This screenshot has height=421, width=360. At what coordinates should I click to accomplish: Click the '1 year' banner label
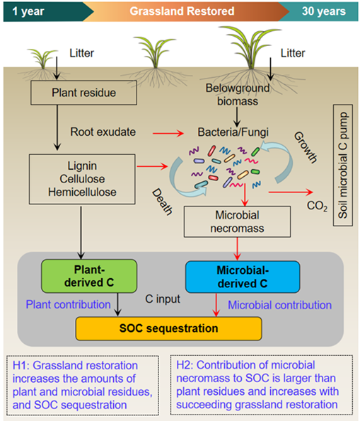[28, 11]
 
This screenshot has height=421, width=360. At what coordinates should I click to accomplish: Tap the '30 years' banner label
[324, 11]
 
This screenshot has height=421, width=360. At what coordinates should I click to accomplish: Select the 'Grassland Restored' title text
[182, 11]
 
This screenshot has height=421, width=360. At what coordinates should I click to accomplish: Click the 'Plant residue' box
[83, 93]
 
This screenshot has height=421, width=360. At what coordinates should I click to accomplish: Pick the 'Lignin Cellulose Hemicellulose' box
[82, 179]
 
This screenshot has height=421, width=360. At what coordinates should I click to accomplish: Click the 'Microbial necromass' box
[237, 221]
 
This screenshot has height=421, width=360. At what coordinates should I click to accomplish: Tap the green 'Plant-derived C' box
[89, 276]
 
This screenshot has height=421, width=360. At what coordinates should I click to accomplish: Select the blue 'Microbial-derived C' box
[243, 277]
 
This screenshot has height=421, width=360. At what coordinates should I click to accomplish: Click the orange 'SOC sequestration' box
[168, 328]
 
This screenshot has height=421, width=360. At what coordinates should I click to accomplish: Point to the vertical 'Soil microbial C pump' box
[343, 166]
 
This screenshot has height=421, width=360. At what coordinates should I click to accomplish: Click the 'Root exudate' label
[103, 132]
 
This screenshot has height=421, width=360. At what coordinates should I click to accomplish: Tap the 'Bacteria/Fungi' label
[233, 132]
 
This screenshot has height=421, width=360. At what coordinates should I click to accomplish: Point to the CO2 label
[317, 206]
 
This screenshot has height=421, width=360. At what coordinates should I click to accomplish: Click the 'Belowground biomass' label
[238, 95]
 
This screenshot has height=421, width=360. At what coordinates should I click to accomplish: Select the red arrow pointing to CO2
[291, 192]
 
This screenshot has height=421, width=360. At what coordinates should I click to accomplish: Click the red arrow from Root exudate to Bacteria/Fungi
[168, 133]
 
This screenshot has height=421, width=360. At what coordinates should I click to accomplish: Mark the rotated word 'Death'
[162, 202]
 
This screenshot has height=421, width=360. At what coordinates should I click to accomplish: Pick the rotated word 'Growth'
[306, 147]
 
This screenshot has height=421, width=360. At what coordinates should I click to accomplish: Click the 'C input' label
[163, 299]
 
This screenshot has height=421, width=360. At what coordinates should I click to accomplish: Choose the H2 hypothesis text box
[262, 385]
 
